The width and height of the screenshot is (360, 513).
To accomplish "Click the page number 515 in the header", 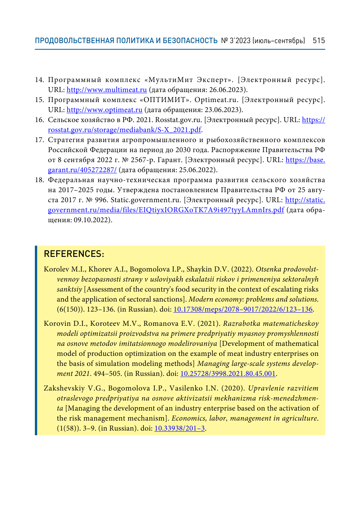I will click(319, 41).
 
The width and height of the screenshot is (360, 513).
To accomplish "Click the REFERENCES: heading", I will click(74, 254).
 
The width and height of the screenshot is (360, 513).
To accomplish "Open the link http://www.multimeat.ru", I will click(107, 90).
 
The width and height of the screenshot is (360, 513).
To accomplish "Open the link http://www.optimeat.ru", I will click(104, 110).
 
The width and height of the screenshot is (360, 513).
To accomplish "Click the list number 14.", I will click(39, 80).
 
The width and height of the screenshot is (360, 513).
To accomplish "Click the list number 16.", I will click(39, 120).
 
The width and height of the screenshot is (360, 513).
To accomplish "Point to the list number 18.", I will click(39, 180).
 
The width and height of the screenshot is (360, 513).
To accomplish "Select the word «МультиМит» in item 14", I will click(171, 80).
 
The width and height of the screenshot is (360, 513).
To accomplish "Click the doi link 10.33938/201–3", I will click(179, 428).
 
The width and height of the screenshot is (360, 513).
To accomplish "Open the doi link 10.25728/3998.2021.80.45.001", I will click(228, 374).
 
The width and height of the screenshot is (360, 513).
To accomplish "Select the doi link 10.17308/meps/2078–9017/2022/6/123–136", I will click(243, 309).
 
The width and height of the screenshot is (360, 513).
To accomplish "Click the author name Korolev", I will click(56, 269).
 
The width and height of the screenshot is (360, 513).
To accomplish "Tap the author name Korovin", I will click(57, 324).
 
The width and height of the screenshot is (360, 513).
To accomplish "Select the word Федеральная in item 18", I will click(71, 180).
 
